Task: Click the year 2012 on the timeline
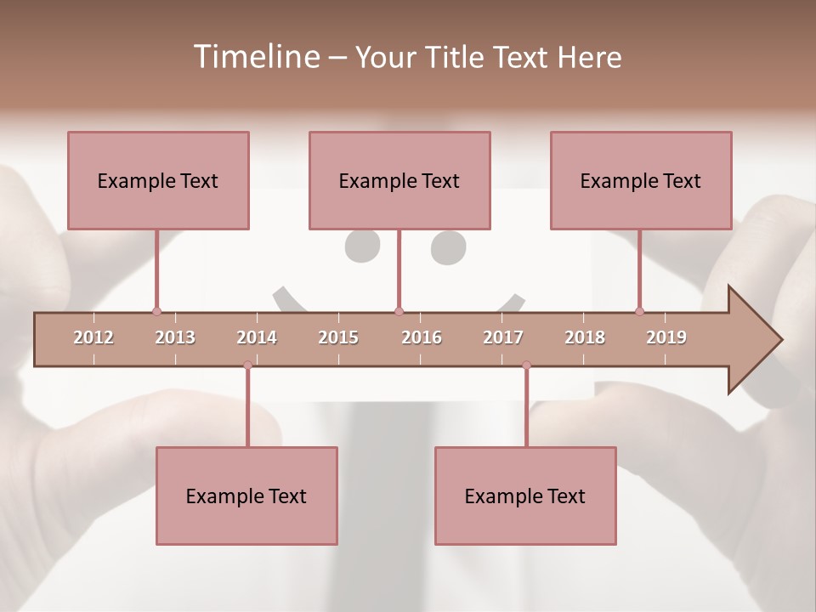[93, 337]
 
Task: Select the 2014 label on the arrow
[257, 337]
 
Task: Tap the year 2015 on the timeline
[338, 337]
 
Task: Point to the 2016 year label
[422, 337]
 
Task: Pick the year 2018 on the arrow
[585, 337]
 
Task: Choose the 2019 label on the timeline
[666, 337]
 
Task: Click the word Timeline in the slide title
[255, 57]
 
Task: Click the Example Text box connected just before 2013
[158, 180]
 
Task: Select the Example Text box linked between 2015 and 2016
[399, 180]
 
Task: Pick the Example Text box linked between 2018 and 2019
[641, 180]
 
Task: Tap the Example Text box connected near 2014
[246, 496]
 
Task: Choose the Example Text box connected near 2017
[525, 496]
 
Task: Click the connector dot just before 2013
[156, 311]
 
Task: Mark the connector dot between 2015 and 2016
[399, 311]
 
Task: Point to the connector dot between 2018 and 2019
[639, 311]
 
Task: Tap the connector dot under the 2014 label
[247, 365]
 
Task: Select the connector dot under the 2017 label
[526, 365]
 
